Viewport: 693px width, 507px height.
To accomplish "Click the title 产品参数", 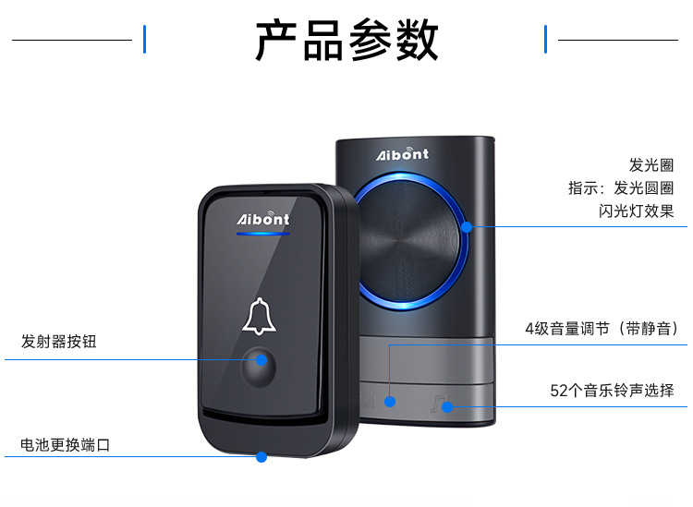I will pyautogui.click(x=346, y=40).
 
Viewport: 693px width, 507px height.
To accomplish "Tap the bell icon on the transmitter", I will pyautogui.click(x=260, y=316).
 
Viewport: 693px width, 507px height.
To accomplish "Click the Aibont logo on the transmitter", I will pyautogui.click(x=263, y=219).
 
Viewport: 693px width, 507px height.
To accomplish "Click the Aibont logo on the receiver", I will pyautogui.click(x=402, y=153).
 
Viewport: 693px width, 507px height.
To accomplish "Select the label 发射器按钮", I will pyautogui.click(x=58, y=342).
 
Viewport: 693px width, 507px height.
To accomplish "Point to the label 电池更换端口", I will pyautogui.click(x=66, y=445).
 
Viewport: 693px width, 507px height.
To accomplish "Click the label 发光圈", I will pyautogui.click(x=651, y=165).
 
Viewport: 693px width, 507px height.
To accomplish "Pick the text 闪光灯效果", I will pyautogui.click(x=637, y=211).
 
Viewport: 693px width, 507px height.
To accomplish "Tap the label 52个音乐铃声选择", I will pyautogui.click(x=613, y=391).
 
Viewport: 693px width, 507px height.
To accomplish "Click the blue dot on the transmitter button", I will pyautogui.click(x=261, y=360).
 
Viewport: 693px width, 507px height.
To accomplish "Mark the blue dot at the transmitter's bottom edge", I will pyautogui.click(x=261, y=456).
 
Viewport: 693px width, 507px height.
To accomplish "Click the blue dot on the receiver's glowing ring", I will pyautogui.click(x=468, y=226).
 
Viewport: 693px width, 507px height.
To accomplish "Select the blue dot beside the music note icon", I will pyautogui.click(x=446, y=405).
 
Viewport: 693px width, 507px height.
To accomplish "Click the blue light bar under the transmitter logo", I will pyautogui.click(x=263, y=234).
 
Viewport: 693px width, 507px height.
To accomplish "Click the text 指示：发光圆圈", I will pyautogui.click(x=621, y=188).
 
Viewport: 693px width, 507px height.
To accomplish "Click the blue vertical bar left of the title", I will pyautogui.click(x=145, y=40).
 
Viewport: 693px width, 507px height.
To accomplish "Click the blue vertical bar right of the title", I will pyautogui.click(x=546, y=40).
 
